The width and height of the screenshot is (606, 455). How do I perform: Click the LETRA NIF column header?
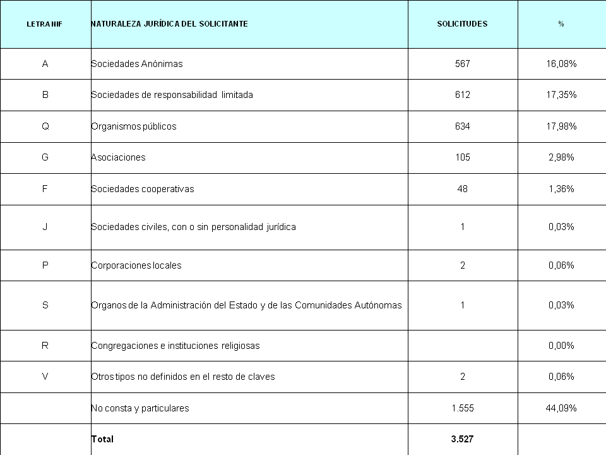(44, 24)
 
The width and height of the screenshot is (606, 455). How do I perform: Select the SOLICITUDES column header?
(462, 24)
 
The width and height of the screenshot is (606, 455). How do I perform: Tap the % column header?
(561, 24)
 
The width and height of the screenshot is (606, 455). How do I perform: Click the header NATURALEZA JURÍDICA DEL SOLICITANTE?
(169, 24)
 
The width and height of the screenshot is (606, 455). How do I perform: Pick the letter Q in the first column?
(45, 126)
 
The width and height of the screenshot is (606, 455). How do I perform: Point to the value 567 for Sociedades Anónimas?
(462, 64)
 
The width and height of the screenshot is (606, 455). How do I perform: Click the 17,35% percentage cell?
(561, 95)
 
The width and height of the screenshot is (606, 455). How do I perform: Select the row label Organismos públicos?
(134, 126)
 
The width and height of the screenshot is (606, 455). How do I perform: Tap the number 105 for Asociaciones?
(462, 157)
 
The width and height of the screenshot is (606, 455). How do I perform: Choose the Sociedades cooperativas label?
(143, 189)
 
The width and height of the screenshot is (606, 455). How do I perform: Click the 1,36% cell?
(561, 189)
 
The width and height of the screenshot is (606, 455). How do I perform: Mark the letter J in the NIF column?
(45, 227)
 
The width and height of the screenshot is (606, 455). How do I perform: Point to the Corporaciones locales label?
(136, 265)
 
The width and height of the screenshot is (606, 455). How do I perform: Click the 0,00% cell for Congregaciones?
(561, 346)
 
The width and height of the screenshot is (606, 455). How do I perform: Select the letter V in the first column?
(45, 377)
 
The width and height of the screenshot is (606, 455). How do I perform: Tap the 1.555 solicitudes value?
(462, 408)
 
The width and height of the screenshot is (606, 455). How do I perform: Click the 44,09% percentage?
(561, 408)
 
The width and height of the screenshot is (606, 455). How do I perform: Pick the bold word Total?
(102, 439)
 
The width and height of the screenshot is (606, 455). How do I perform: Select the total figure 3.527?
(462, 439)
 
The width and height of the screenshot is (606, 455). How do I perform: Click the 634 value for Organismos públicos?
(462, 126)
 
